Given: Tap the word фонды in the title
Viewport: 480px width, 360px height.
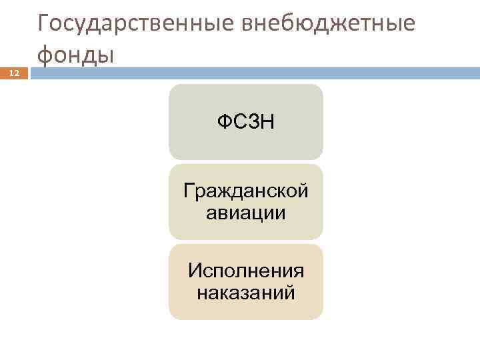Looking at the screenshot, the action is click(76, 54).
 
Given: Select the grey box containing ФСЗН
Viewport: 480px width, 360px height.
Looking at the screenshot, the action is click(245, 121).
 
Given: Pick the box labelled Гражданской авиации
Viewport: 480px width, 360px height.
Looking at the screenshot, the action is click(245, 202).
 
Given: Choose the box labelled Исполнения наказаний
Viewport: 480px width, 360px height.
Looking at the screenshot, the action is click(245, 281).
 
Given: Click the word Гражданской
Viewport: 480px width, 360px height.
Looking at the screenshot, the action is click(245, 191).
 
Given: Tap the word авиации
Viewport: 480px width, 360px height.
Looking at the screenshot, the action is click(245, 213).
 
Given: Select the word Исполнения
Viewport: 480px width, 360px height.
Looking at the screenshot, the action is click(245, 271).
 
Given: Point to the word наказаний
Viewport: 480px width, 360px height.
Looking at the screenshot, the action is click(245, 293).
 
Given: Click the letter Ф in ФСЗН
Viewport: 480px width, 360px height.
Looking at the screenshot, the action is click(224, 122).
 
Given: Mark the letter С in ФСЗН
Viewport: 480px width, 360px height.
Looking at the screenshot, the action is click(238, 122).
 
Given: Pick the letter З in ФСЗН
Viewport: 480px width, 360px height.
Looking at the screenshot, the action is click(251, 122).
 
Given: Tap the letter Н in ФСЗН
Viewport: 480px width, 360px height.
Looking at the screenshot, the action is click(265, 122).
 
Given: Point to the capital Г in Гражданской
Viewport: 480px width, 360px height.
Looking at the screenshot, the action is click(189, 191).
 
